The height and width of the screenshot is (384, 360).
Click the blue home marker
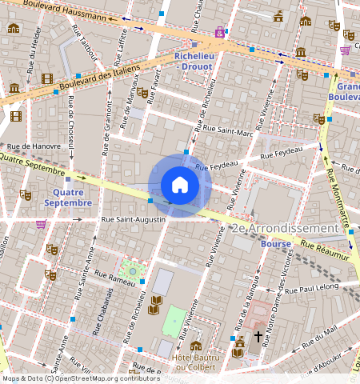click(180, 186)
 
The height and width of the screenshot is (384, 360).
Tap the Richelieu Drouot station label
click(192, 62)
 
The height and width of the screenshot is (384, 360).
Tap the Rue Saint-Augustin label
click(133, 218)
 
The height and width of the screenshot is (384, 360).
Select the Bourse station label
click(275, 244)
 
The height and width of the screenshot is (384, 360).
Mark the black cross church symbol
click(258, 337)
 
